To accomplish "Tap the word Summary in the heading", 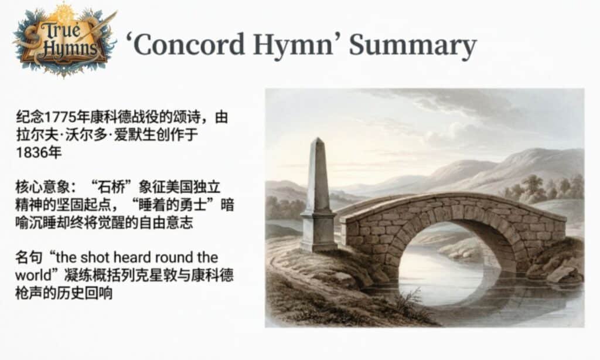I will (x=412, y=45).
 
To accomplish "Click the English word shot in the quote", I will (x=104, y=257).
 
